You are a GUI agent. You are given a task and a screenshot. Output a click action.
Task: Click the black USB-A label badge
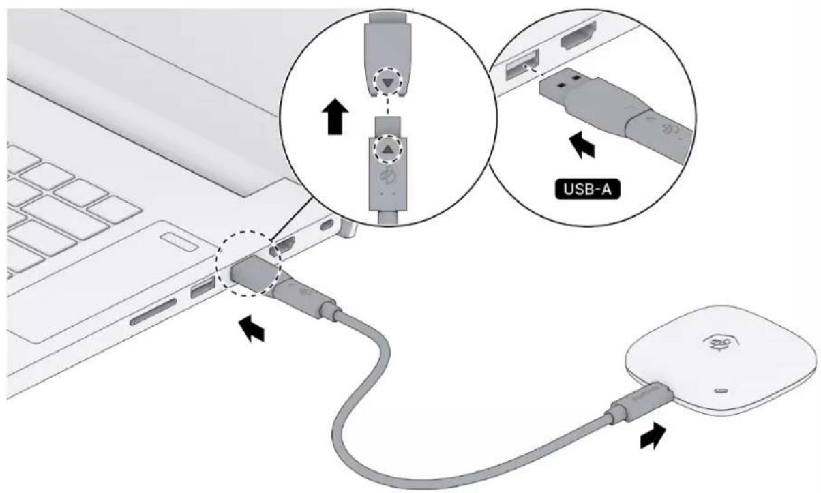[587, 189]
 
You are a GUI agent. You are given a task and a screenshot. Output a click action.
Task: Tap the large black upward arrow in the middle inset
[335, 116]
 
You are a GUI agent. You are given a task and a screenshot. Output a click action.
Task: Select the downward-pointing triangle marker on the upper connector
[388, 82]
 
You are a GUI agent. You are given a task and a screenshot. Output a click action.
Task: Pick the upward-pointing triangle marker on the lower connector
[388, 148]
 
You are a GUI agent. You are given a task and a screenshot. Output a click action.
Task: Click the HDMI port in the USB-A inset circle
[578, 35]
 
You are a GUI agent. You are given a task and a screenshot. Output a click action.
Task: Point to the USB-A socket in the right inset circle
[522, 65]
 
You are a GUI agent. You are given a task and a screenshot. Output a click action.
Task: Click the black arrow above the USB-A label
[582, 145]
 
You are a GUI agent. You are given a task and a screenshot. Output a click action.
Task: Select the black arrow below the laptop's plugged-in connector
[252, 329]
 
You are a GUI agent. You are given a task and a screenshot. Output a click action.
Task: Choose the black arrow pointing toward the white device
[653, 436]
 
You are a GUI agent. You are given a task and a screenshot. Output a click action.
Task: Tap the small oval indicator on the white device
[721, 390]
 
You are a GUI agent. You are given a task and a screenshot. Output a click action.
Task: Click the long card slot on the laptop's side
[153, 312]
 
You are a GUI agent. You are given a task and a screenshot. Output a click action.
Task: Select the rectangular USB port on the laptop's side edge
[203, 287]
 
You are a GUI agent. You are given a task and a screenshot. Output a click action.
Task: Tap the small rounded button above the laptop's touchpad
[179, 242]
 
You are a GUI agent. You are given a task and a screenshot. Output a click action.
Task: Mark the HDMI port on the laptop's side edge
[282, 246]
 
